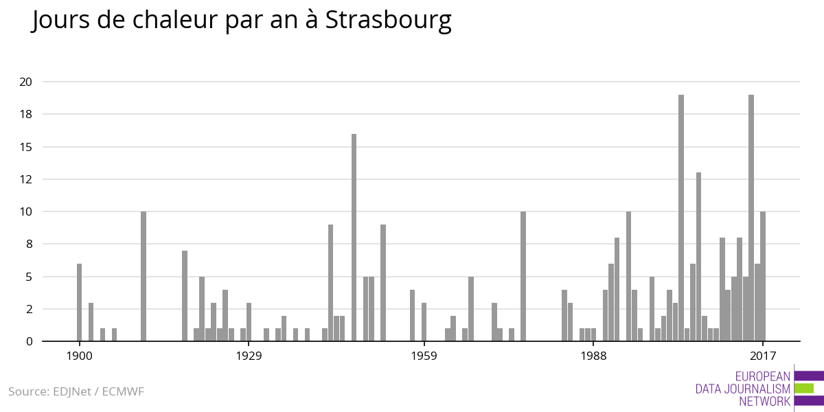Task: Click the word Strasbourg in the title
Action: pos(388,21)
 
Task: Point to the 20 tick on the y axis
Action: pos(26,82)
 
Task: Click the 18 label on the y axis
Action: pos(26,114)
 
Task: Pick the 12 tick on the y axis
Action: pos(26,179)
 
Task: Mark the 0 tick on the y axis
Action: pos(29,341)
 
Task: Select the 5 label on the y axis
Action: pos(29,277)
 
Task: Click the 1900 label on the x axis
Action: pos(80,355)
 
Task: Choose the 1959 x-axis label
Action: pos(424,355)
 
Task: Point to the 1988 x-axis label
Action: pos(593,355)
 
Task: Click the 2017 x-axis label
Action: pos(763,355)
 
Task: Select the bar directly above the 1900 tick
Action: pos(80,302)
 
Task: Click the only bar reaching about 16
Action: pos(354,237)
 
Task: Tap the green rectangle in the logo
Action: pos(803,389)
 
